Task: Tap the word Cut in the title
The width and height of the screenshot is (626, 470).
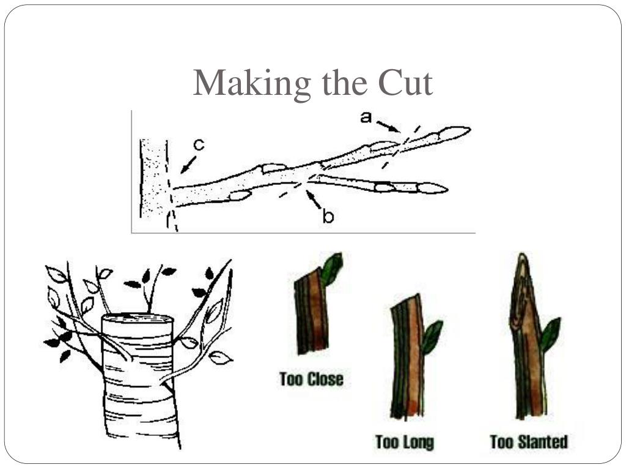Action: pyautogui.click(x=406, y=83)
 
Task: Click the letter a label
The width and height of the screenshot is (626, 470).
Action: pyautogui.click(x=366, y=117)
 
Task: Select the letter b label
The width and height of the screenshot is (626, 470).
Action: pyautogui.click(x=328, y=216)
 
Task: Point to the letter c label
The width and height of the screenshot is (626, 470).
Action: pyautogui.click(x=199, y=144)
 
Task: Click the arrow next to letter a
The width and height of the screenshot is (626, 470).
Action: pyautogui.click(x=388, y=126)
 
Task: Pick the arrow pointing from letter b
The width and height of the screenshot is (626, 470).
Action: pyautogui.click(x=314, y=200)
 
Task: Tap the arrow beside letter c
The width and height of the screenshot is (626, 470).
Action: pyautogui.click(x=188, y=165)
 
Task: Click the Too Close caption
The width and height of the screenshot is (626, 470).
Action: pyautogui.click(x=311, y=379)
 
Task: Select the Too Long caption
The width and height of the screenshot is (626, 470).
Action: pyautogui.click(x=405, y=442)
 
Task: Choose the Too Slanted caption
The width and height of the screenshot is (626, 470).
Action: pyautogui.click(x=529, y=442)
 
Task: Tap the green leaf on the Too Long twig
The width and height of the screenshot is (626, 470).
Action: pyautogui.click(x=432, y=337)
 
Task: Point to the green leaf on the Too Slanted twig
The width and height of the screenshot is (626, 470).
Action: pyautogui.click(x=550, y=335)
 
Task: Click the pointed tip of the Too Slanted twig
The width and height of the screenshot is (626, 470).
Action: pyautogui.click(x=521, y=253)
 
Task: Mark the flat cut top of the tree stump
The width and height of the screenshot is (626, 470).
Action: pyautogui.click(x=138, y=318)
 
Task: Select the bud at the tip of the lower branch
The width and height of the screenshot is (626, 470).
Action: pyautogui.click(x=432, y=188)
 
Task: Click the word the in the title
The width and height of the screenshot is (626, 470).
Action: pyautogui.click(x=344, y=83)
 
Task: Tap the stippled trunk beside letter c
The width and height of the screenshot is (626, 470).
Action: pyautogui.click(x=153, y=178)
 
